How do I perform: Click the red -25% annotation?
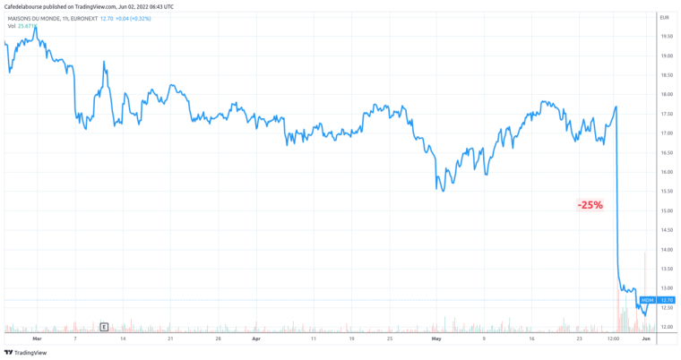pyautogui.click(x=590, y=205)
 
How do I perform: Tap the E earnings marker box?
pyautogui.click(x=105, y=327)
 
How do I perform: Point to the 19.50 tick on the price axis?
pyautogui.click(x=666, y=37)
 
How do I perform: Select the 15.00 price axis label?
pyautogui.click(x=666, y=210)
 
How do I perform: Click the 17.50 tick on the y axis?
pyautogui.click(x=666, y=114)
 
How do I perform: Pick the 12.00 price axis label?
pyautogui.click(x=666, y=327)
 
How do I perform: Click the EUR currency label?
pyautogui.click(x=664, y=18)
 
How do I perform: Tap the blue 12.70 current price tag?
pyautogui.click(x=667, y=300)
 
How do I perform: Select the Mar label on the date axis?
pyautogui.click(x=37, y=340)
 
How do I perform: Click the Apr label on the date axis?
pyautogui.click(x=256, y=340)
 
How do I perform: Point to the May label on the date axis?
pyautogui.click(x=436, y=340)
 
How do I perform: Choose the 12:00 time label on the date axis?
pyautogui.click(x=613, y=340)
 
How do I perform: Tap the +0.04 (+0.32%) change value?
pyautogui.click(x=139, y=18)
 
